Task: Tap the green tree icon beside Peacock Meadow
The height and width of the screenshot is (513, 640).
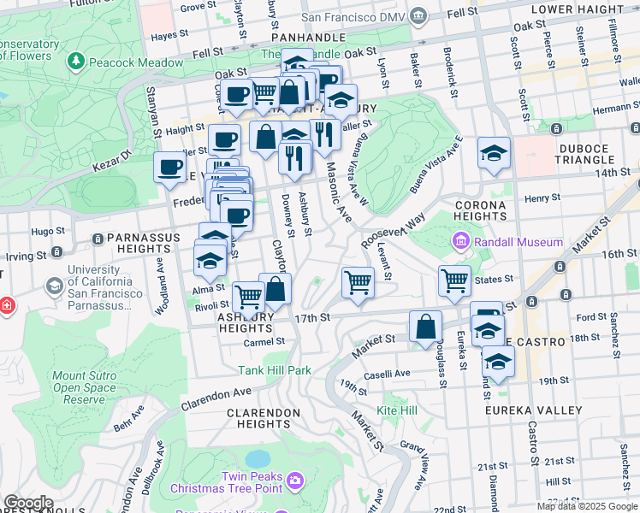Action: [77, 62]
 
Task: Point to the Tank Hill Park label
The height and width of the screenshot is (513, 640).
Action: [274, 370]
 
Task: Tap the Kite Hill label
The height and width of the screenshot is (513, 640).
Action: [397, 410]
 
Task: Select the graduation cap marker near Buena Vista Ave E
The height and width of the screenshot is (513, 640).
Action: [494, 153]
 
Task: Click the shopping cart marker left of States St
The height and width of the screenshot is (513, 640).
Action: [454, 280]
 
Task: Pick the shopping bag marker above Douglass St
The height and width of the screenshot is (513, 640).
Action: [425, 326]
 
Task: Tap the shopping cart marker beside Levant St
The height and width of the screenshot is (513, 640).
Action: [358, 281]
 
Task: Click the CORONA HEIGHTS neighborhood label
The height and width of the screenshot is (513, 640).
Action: [481, 210]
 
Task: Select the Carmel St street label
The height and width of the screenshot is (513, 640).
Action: [264, 341]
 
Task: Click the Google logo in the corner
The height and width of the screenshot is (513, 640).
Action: [29, 503]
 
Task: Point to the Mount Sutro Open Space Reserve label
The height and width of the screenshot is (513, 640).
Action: [79, 387]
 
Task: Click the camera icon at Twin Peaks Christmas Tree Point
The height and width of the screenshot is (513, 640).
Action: [295, 481]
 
